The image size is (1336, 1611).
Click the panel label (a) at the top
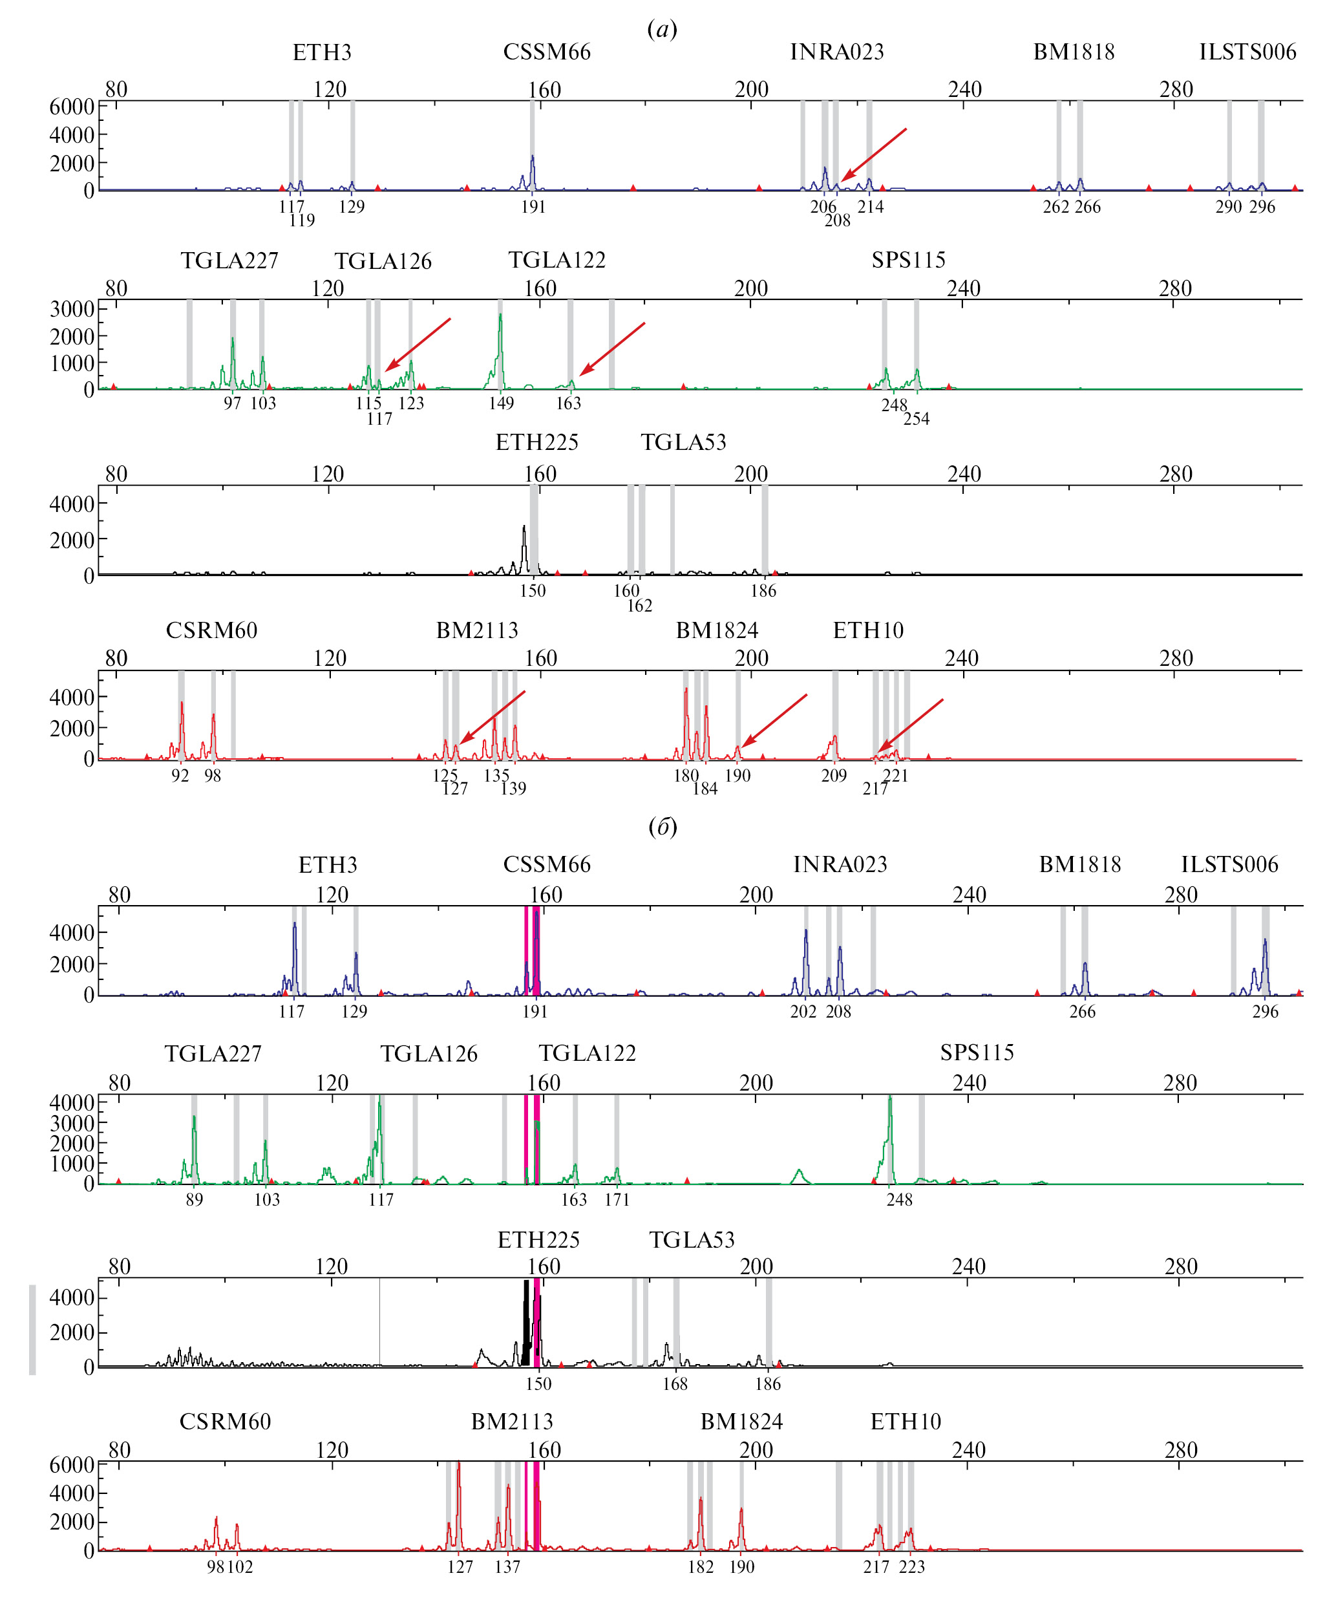click(x=662, y=30)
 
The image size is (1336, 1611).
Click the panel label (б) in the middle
click(x=663, y=826)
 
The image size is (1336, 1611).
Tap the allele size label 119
click(x=302, y=221)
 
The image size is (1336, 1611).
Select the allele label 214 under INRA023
click(x=871, y=206)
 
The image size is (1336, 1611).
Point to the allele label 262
click(x=1056, y=207)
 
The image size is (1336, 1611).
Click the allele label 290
click(x=1229, y=207)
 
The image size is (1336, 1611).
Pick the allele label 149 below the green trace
click(x=502, y=403)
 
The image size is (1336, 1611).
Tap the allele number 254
click(x=917, y=419)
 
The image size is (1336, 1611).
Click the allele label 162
click(x=640, y=606)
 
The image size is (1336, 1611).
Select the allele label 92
click(x=180, y=776)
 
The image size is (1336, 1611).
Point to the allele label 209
click(x=834, y=776)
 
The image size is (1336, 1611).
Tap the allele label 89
click(x=194, y=1200)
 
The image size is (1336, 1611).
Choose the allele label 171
click(x=617, y=1200)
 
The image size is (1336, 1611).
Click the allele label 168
click(x=675, y=1384)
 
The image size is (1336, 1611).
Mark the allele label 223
click(x=912, y=1567)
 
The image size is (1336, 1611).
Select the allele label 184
click(x=705, y=789)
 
